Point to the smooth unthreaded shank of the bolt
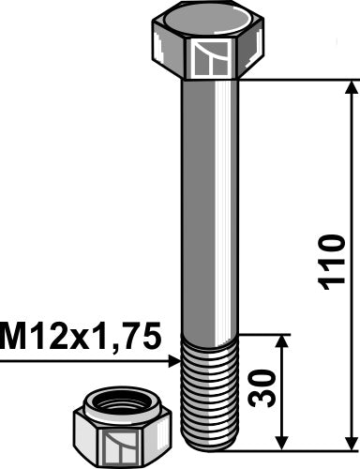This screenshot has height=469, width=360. pyautogui.click(x=209, y=206)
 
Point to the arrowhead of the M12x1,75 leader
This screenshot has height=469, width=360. pyautogui.click(x=174, y=359)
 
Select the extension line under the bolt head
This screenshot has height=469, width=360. pyautogui.click(x=291, y=81)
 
